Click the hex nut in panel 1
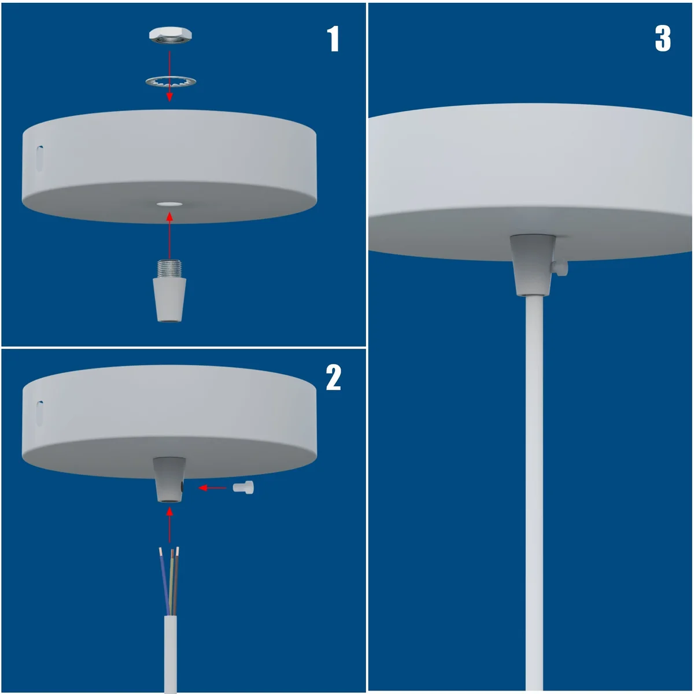coord(170,35)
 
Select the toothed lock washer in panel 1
coord(170,82)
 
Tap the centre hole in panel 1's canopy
coord(169,204)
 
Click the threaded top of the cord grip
coord(169,269)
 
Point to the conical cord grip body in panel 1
coord(169,299)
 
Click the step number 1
coord(333,39)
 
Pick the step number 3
coord(663,39)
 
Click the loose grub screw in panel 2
coord(243,488)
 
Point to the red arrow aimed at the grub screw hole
coord(213,488)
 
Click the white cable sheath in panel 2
coord(170,654)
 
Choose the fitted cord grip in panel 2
coord(169,480)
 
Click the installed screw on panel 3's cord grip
coord(560,267)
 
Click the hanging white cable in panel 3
coord(534,492)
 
